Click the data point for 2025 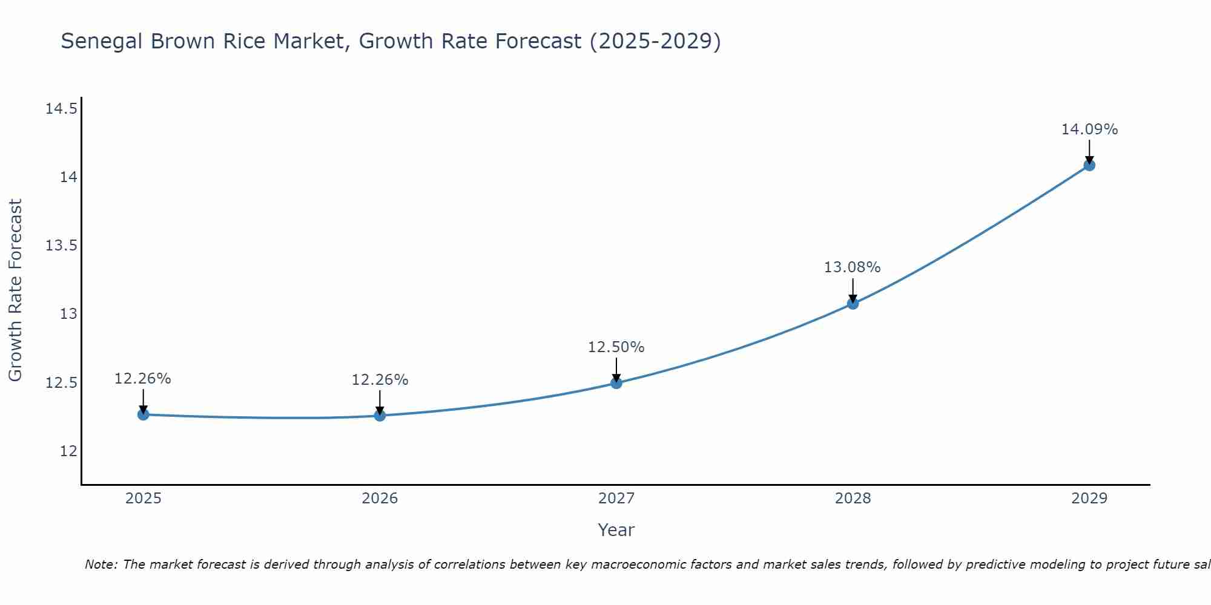coord(144,414)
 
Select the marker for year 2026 coord(380,415)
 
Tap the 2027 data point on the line coord(616,382)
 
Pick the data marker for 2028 coord(853,303)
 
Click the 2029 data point coord(1089,165)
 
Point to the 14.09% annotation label coord(1089,129)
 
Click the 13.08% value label coord(852,267)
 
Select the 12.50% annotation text coord(616,347)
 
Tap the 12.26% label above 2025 coord(143,379)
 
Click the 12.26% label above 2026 coord(380,380)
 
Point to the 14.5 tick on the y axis coord(61,109)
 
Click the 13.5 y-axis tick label coord(61,246)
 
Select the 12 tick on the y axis coord(68,451)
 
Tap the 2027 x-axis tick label coord(616,499)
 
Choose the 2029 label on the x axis coord(1089,499)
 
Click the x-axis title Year coord(616,530)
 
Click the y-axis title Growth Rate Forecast coord(15,290)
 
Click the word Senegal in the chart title coord(102,42)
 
